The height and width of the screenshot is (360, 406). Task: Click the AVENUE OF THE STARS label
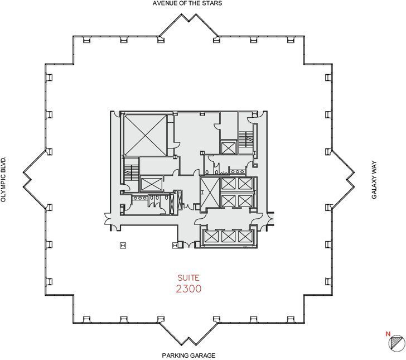tap(187, 3)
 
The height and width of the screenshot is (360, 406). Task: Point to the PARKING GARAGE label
tap(188, 355)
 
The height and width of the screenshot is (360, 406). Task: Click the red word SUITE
tap(188, 277)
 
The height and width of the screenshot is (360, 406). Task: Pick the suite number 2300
tap(188, 289)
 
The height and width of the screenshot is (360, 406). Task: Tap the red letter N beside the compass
tap(387, 334)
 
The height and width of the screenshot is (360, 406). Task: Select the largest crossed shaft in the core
tap(144, 135)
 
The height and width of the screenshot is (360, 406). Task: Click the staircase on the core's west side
tap(131, 169)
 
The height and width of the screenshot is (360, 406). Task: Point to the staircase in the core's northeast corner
tap(245, 138)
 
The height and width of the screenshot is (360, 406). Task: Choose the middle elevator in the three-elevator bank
tap(229, 237)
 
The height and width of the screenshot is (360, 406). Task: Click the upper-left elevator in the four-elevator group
tap(229, 184)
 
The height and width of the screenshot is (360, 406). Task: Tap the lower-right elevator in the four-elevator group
tap(245, 200)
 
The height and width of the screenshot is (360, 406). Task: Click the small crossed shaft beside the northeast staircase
tap(228, 148)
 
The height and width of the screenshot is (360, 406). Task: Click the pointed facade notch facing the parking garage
tap(188, 338)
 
